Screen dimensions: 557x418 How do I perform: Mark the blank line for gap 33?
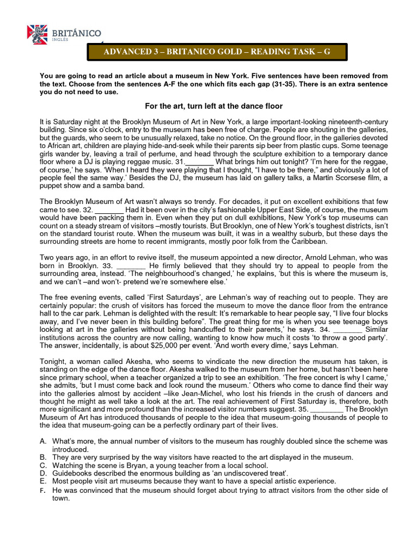click(131, 265)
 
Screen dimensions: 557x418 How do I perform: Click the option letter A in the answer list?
click(43, 442)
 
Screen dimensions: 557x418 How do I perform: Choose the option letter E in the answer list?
click(43, 481)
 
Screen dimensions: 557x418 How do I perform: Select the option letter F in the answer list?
click(43, 490)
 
